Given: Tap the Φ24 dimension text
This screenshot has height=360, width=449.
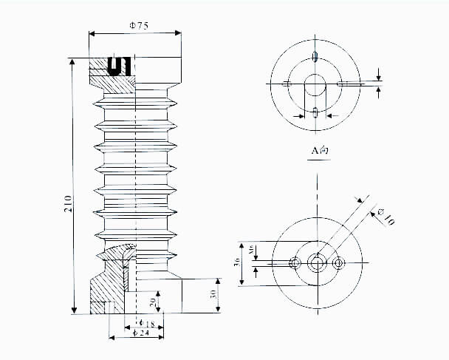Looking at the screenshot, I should (138, 335).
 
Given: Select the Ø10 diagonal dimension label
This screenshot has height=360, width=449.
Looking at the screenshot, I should (385, 217).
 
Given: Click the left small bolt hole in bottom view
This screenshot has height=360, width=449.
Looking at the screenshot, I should (295, 262).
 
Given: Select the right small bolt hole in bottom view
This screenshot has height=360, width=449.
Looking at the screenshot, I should (339, 262).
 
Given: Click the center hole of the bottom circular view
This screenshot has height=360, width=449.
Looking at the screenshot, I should (318, 262).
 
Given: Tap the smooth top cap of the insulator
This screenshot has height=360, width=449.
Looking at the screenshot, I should (159, 69).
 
